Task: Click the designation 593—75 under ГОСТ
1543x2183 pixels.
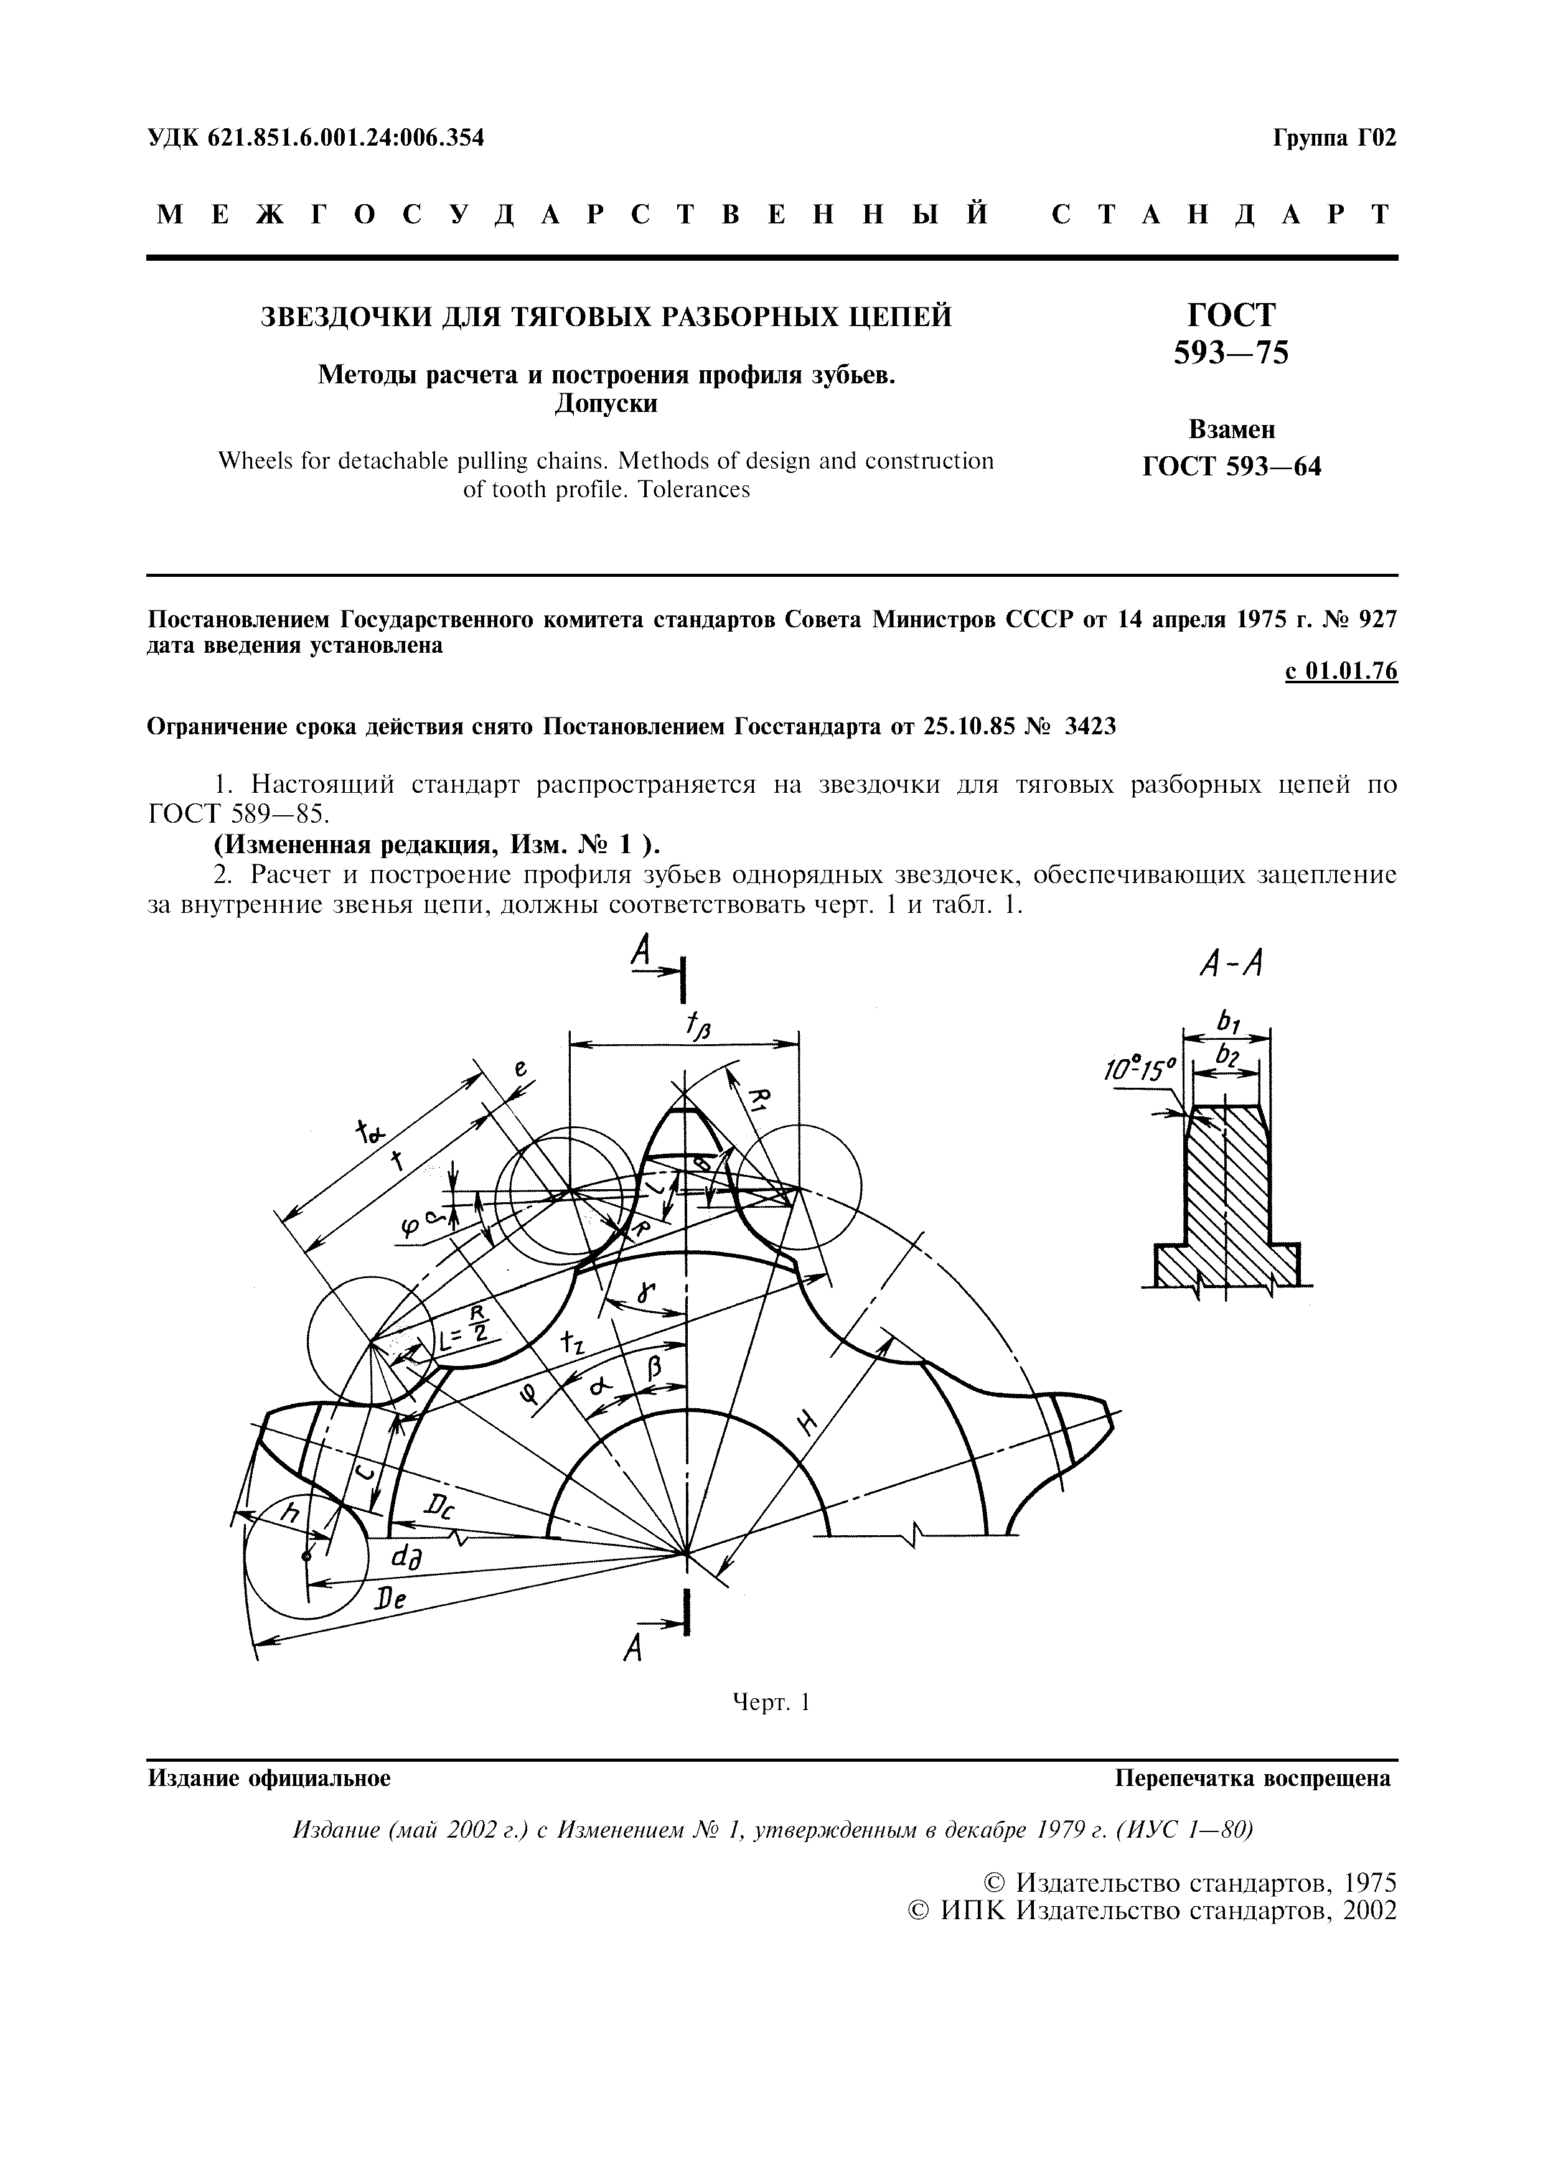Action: pyautogui.click(x=1231, y=353)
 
